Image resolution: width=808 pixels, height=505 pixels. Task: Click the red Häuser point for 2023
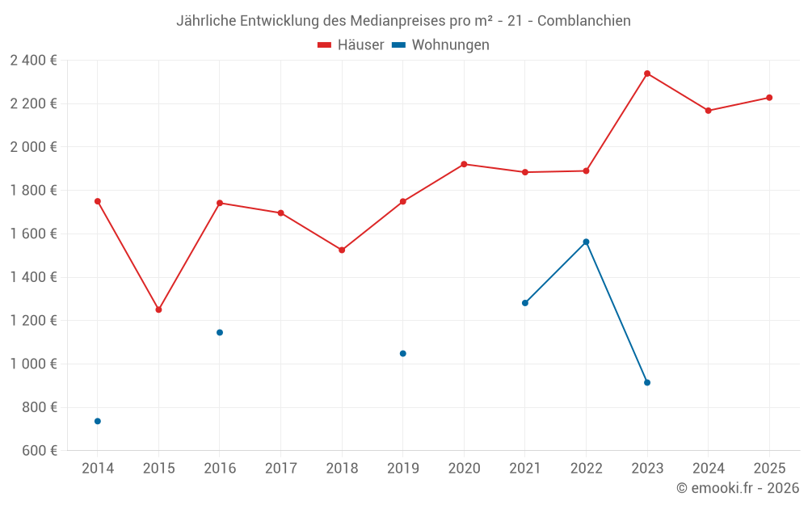coord(647,74)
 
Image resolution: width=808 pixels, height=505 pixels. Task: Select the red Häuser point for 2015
coord(158,309)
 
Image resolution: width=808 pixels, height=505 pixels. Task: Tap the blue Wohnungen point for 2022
coord(586,242)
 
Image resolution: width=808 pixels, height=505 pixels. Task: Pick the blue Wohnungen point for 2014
coord(98,421)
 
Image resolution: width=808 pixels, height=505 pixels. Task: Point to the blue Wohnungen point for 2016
coord(220,332)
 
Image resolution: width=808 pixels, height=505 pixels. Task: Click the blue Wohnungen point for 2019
coord(402,353)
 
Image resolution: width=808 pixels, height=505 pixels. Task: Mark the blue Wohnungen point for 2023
coord(647,382)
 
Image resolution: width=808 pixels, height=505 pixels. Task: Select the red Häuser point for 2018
coord(342,250)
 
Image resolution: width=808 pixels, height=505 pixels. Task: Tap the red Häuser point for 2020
coord(464,164)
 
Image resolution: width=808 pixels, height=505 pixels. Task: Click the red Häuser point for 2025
coord(769,98)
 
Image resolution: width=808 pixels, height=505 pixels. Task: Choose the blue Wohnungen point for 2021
coord(525,303)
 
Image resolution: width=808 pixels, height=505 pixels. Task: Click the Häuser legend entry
coord(351,45)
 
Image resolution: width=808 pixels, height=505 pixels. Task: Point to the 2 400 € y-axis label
coord(33,60)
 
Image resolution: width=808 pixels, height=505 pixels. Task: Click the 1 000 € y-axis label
coord(33,364)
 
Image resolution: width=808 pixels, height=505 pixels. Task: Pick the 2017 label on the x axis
coord(280,468)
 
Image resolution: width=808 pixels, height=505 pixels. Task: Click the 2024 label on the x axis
coord(708,468)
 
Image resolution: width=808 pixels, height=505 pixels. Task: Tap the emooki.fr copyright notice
coord(737,488)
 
